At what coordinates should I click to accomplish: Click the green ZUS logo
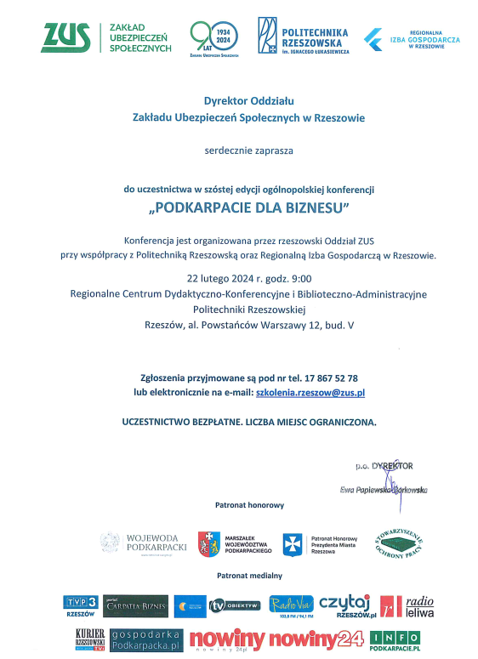(x=66, y=37)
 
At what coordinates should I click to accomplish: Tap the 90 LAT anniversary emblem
(x=213, y=37)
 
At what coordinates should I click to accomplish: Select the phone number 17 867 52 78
(x=327, y=378)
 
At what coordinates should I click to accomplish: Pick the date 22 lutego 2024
(x=224, y=278)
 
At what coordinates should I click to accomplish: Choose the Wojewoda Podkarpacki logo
(x=143, y=543)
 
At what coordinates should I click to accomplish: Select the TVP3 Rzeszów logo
(x=81, y=605)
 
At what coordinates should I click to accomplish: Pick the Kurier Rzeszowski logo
(x=89, y=639)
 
